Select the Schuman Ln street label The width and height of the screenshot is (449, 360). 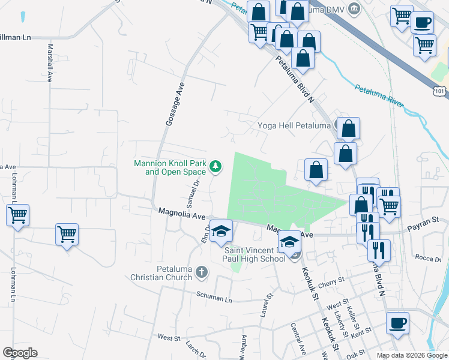(x=214, y=298)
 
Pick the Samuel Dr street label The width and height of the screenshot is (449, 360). (x=193, y=193)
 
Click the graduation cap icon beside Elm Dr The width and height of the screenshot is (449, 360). (x=221, y=231)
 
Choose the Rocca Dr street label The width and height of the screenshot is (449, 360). (x=428, y=258)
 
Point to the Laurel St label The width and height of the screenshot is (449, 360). (x=263, y=305)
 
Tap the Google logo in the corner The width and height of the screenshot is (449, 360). (x=20, y=353)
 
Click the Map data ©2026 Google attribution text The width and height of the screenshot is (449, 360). (x=411, y=355)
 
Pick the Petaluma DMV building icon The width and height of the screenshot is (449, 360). (x=355, y=8)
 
